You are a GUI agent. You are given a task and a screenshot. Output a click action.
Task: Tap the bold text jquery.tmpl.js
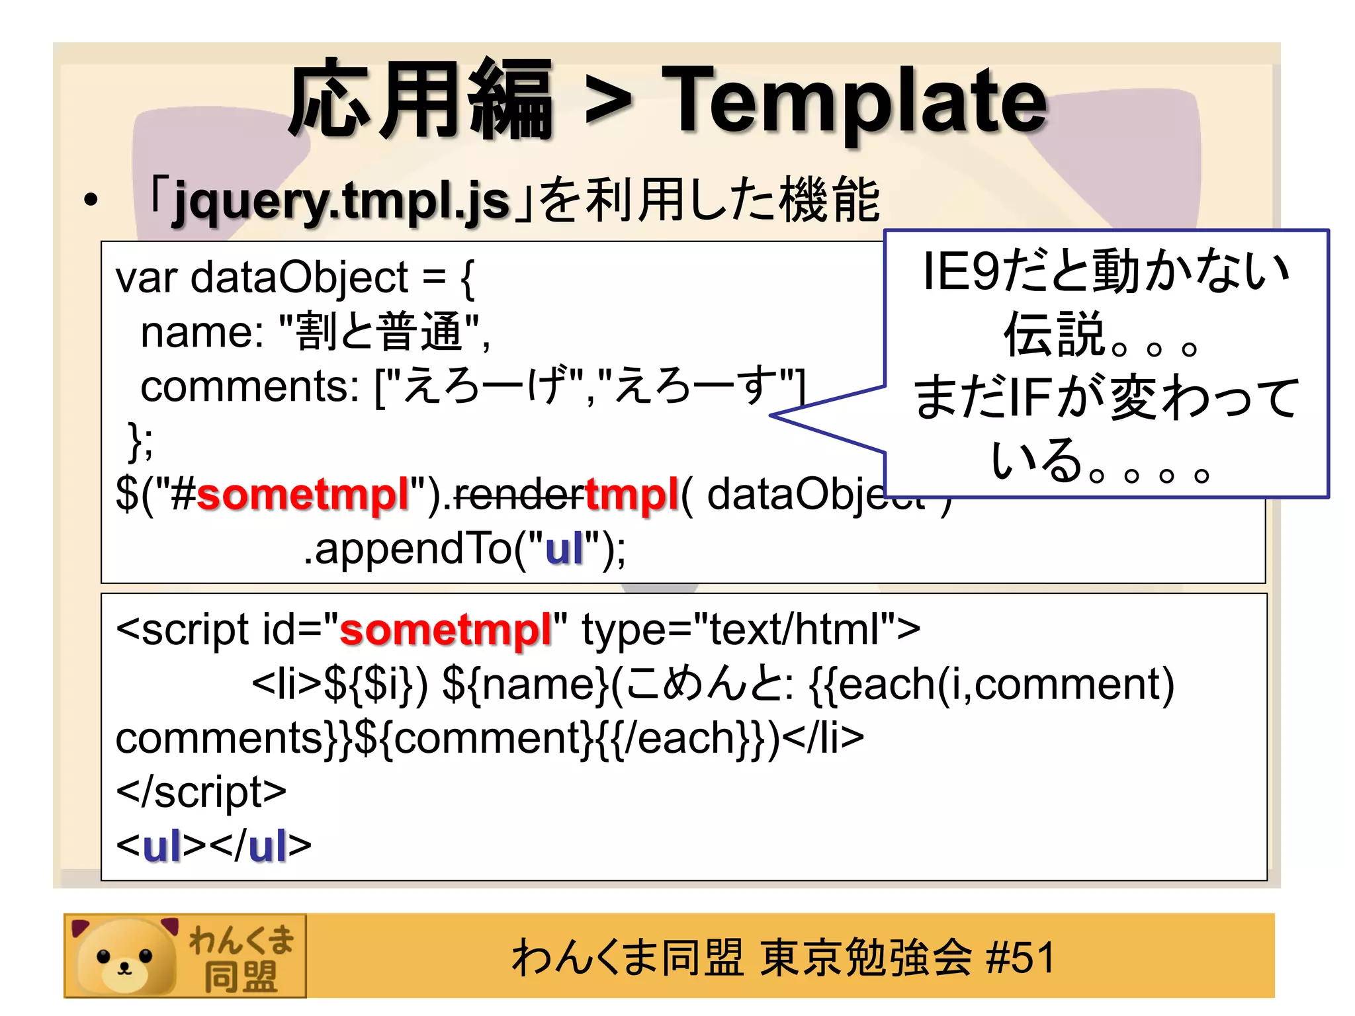[x=341, y=200]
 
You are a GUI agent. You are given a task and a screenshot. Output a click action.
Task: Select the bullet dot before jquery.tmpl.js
[x=91, y=200]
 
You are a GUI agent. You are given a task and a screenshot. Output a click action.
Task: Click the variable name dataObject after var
[x=299, y=278]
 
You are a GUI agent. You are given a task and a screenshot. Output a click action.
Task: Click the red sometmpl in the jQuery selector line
[x=303, y=495]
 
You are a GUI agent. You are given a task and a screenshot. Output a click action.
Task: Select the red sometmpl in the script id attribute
[x=445, y=630]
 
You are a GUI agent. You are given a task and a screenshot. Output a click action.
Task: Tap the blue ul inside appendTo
[x=564, y=548]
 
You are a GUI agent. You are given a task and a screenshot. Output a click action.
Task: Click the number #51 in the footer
[x=1020, y=957]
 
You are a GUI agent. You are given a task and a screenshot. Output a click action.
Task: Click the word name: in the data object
[x=202, y=332]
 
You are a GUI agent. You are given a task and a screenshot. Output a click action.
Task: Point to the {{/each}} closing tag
[x=685, y=738]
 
